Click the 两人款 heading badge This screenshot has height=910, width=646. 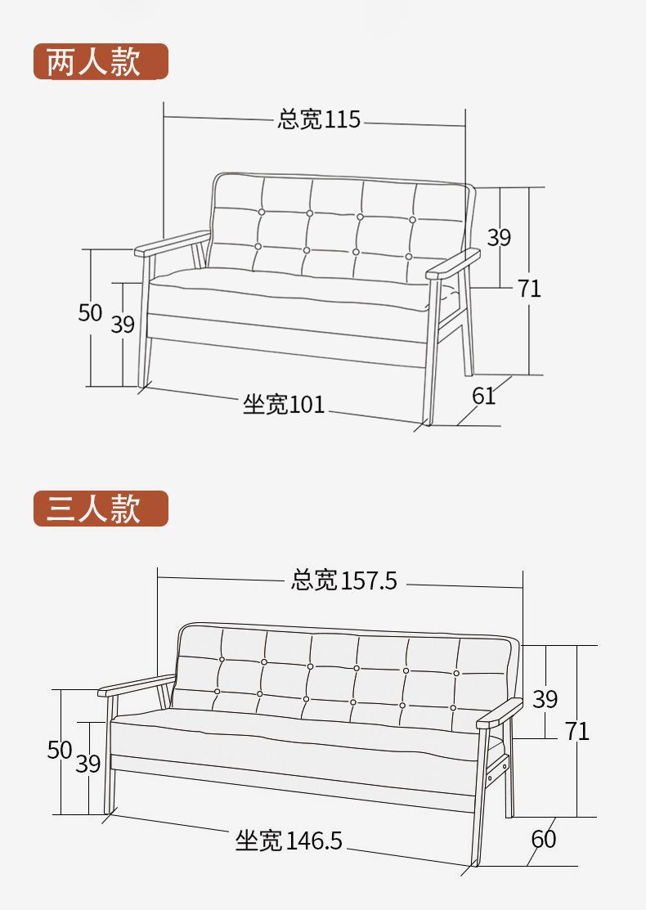[x=100, y=61]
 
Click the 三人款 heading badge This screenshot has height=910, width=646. [x=100, y=509]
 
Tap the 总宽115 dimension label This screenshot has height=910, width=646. [x=319, y=119]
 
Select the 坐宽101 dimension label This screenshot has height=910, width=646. [x=284, y=404]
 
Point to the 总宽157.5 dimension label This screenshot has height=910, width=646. [x=344, y=581]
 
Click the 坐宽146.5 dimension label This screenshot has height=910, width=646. [x=289, y=840]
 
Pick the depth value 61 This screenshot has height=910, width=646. [x=484, y=396]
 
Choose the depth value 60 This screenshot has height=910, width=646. [x=543, y=839]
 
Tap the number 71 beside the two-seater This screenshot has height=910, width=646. [x=529, y=288]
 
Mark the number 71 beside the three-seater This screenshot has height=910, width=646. [x=576, y=730]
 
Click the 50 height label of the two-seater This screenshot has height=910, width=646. [x=90, y=312]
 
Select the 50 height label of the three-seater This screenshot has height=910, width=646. [x=60, y=750]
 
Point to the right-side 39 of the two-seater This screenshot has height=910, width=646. [x=499, y=237]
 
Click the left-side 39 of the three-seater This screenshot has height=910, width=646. [x=88, y=764]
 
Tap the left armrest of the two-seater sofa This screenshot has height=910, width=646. [x=172, y=242]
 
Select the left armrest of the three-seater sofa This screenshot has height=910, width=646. [x=136, y=685]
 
